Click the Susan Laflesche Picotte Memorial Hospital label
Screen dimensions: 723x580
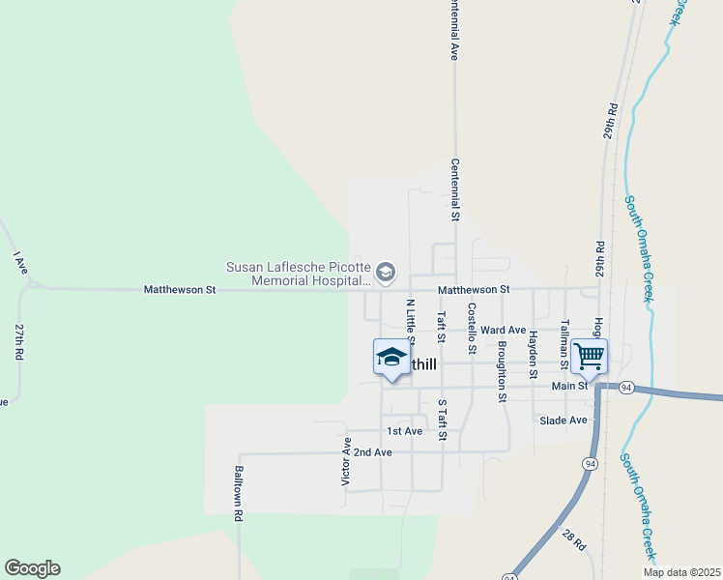298,274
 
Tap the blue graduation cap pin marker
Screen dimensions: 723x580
390,358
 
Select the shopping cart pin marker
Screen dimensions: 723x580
589,357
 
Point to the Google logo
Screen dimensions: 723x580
32,568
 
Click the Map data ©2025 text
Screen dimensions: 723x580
681,572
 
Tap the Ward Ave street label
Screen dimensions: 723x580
503,330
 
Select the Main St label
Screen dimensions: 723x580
570,386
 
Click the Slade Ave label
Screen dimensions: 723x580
564,420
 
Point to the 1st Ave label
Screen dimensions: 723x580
404,431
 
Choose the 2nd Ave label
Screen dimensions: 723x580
372,452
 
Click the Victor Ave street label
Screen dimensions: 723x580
346,461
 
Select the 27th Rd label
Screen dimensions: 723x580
18,342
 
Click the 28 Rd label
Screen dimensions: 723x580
574,540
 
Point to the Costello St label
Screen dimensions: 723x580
471,329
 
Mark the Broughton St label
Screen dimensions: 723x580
502,370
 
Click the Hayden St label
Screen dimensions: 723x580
533,353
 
